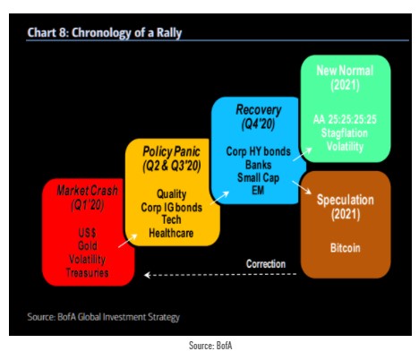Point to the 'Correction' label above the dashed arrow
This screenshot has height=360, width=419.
(267, 263)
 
